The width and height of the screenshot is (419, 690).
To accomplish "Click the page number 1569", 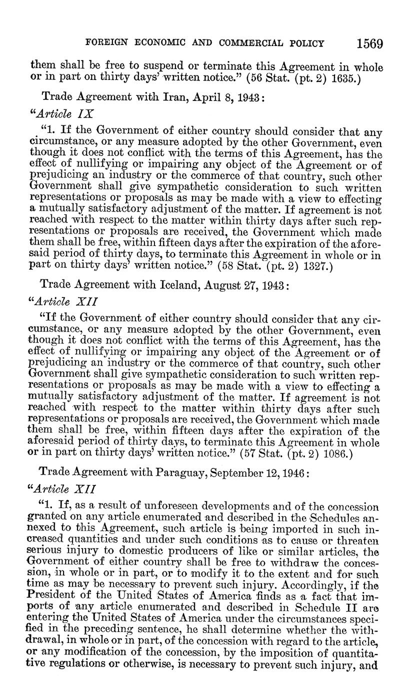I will (370, 43).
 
